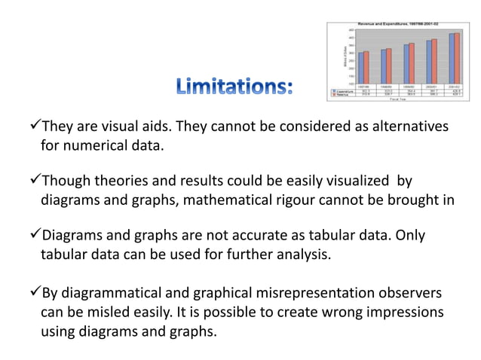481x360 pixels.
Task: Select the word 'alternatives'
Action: [x=405, y=125]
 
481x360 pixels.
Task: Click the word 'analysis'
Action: [x=298, y=255]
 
